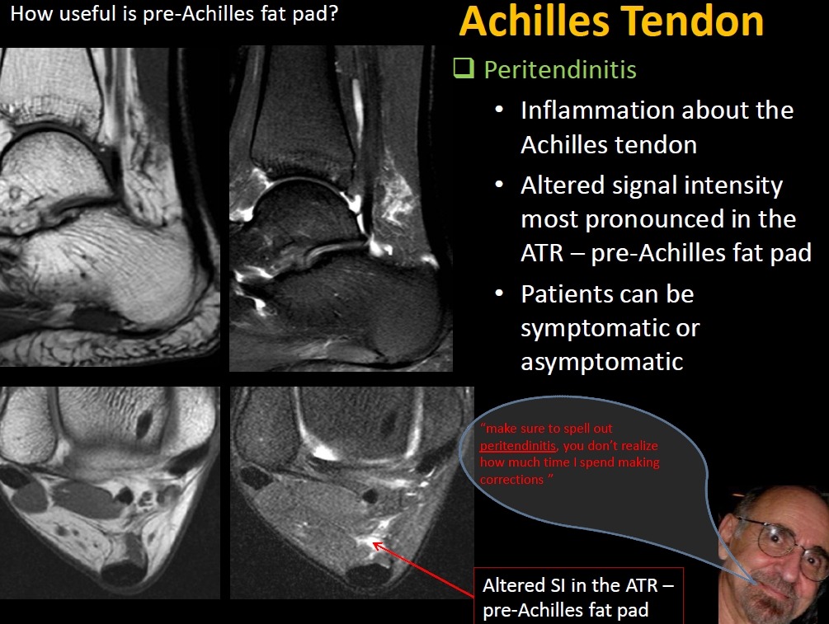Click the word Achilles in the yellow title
(535, 21)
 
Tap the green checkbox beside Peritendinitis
(464, 68)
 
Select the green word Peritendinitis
(560, 70)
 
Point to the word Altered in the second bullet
(563, 185)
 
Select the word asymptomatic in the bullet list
(601, 363)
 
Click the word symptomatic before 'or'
(594, 329)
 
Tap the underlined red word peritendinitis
(517, 445)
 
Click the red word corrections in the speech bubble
(511, 480)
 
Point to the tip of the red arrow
(374, 542)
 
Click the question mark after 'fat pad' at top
(332, 13)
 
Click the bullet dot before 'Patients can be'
(499, 293)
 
